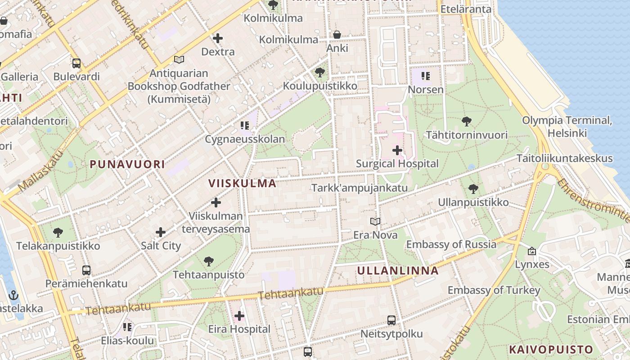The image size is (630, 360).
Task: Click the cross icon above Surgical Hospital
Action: pyautogui.click(x=397, y=150)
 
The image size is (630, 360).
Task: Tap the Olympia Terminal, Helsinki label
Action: pyautogui.click(x=567, y=127)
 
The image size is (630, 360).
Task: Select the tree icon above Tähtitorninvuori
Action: pyautogui.click(x=467, y=121)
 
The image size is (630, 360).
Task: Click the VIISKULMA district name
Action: pyautogui.click(x=243, y=183)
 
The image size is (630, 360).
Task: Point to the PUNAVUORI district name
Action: pyautogui.click(x=127, y=164)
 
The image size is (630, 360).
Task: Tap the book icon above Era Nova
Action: pyautogui.click(x=375, y=221)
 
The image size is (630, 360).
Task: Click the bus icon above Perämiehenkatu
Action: pyautogui.click(x=86, y=270)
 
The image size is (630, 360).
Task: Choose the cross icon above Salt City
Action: pyautogui.click(x=161, y=232)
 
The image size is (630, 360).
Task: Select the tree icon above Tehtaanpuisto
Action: pyautogui.click(x=208, y=261)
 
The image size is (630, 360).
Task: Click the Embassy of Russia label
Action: pyautogui.click(x=451, y=244)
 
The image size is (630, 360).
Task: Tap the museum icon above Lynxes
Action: pyautogui.click(x=532, y=251)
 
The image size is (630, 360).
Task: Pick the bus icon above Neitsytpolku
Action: pyautogui.click(x=391, y=320)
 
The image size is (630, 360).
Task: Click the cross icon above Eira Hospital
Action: pyautogui.click(x=239, y=316)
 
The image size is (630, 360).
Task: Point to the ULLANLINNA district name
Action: pyautogui.click(x=398, y=270)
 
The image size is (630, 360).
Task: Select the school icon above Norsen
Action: pyautogui.click(x=426, y=76)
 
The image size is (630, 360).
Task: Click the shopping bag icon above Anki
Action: pyautogui.click(x=337, y=35)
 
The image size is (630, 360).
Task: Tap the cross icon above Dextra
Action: pyautogui.click(x=218, y=38)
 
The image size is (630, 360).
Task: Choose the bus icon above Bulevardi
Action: pyautogui.click(x=76, y=63)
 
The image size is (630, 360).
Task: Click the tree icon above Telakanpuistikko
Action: pyautogui.click(x=58, y=233)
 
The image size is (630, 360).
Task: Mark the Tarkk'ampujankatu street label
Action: pyautogui.click(x=360, y=188)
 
